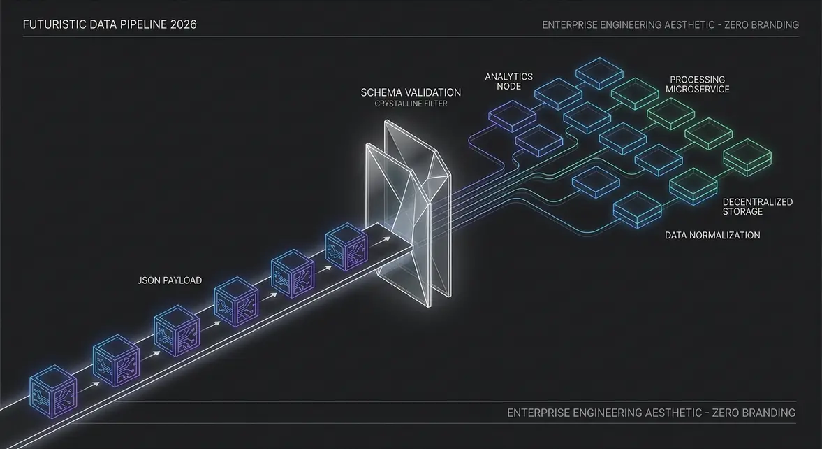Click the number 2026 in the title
click(183, 24)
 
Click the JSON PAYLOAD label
click(169, 280)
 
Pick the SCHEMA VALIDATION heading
click(411, 92)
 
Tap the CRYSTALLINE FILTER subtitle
click(411, 104)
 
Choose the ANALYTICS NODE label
click(508, 81)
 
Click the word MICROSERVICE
click(697, 90)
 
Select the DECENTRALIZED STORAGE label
click(758, 206)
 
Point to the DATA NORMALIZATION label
click(712, 235)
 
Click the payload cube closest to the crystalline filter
click(346, 247)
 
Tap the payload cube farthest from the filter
click(53, 392)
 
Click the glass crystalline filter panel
click(408, 213)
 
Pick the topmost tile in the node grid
click(599, 73)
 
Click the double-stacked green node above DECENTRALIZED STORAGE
click(747, 157)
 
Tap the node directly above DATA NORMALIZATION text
click(638, 210)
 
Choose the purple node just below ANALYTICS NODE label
click(512, 115)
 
